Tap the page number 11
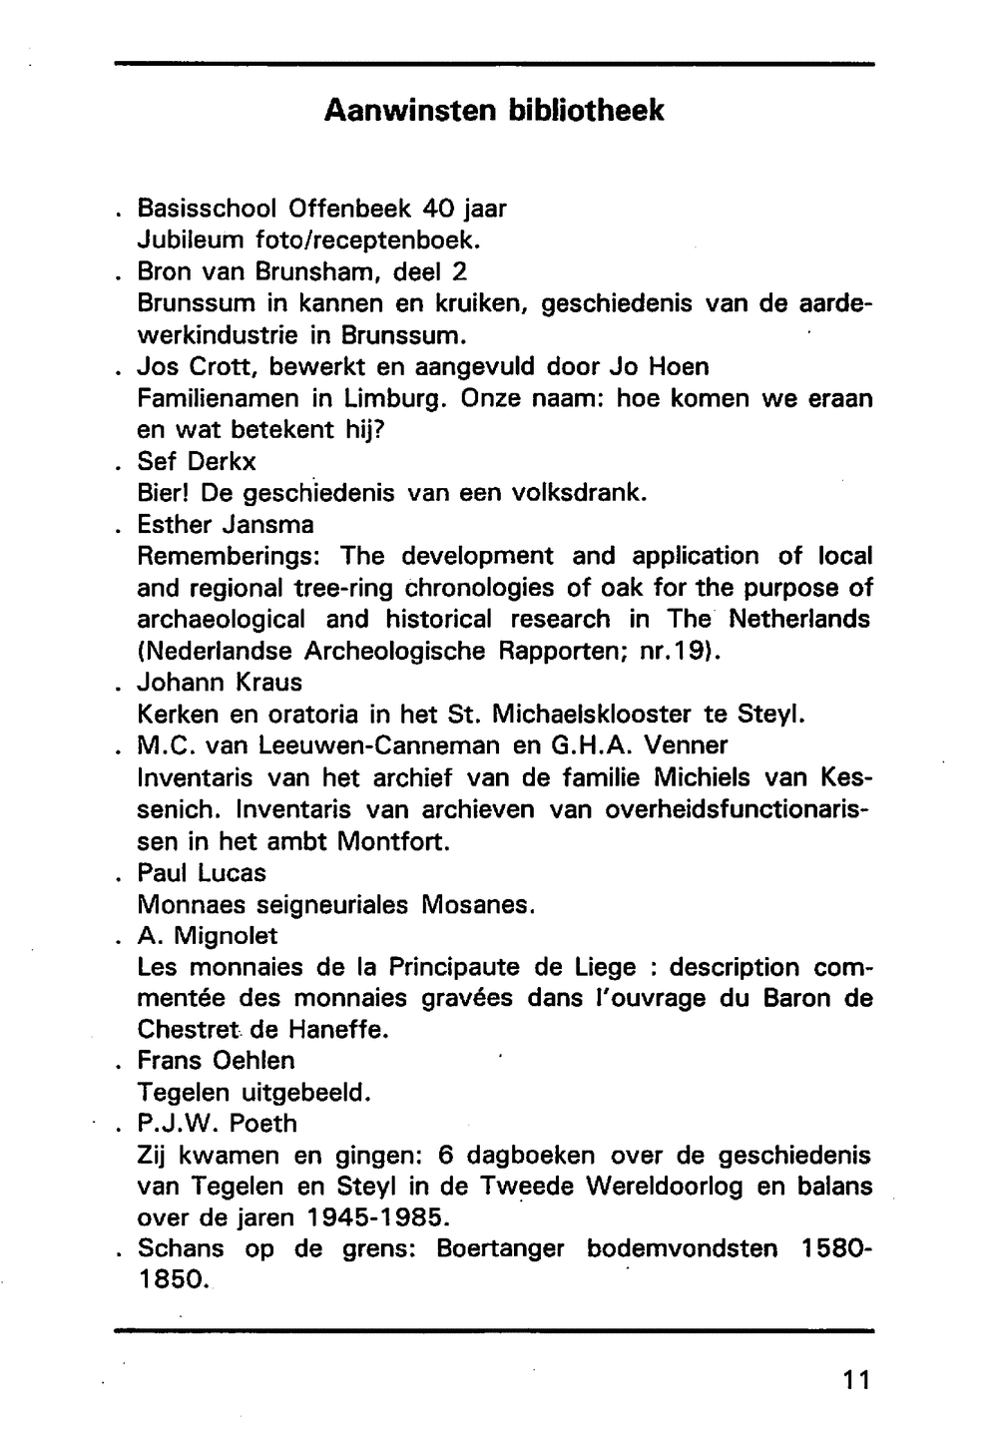click(856, 1380)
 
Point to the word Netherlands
click(799, 620)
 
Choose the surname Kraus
click(266, 683)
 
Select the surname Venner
click(686, 745)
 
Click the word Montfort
click(394, 841)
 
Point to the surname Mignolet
click(227, 936)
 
